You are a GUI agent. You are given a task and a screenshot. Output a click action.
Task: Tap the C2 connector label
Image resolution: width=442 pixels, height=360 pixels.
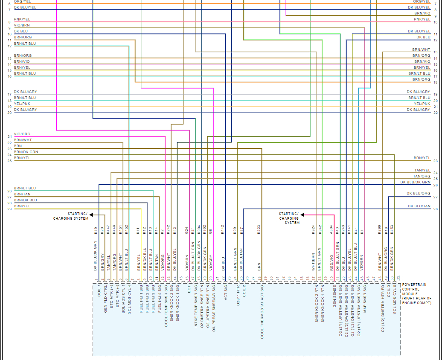click(398, 278)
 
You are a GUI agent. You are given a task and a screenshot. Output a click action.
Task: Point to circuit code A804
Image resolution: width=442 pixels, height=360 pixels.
click(331, 230)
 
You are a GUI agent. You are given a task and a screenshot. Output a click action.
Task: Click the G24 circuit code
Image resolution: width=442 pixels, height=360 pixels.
click(186, 230)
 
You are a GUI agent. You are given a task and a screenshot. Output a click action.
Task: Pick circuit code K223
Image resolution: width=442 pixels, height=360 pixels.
click(259, 230)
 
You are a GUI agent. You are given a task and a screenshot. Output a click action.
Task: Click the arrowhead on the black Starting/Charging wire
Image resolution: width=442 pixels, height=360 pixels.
click(91, 215)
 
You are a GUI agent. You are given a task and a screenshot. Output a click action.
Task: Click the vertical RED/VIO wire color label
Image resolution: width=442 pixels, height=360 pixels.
click(331, 263)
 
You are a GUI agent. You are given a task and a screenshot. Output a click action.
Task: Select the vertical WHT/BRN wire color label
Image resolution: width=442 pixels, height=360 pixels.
click(313, 262)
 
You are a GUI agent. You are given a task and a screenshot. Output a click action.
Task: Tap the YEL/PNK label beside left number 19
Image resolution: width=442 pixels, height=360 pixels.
click(22, 104)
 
